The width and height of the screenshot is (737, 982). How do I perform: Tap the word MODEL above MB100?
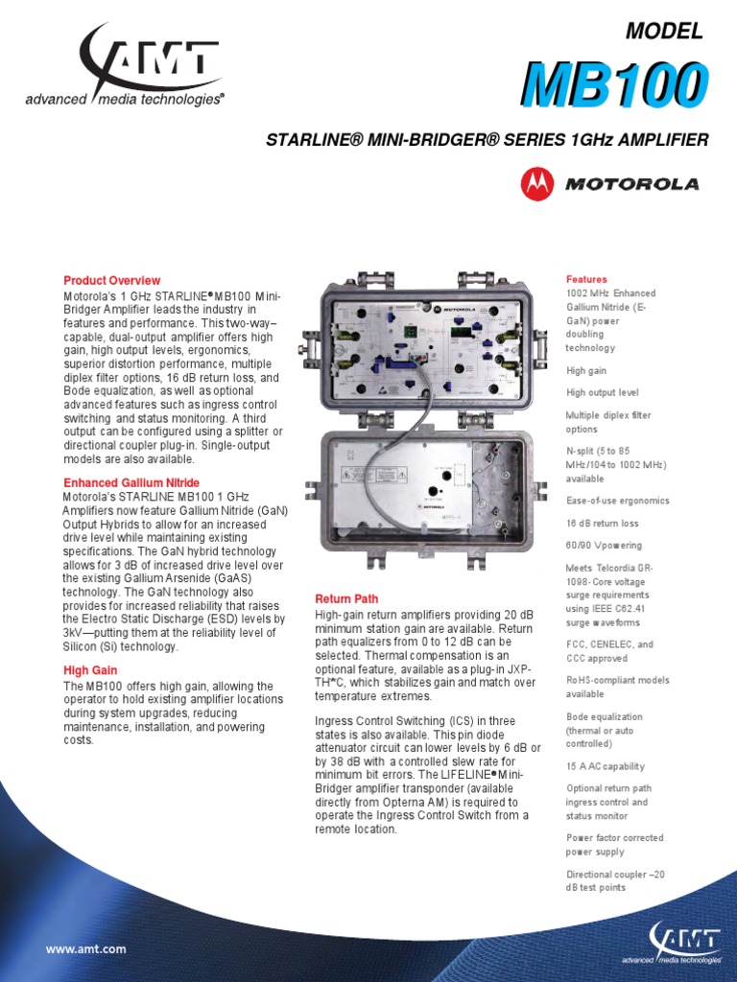tap(664, 32)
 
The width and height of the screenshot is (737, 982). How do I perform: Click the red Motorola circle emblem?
tap(536, 183)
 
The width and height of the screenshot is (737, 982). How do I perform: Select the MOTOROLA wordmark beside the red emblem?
tap(631, 184)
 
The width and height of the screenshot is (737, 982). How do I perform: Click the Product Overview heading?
tap(111, 281)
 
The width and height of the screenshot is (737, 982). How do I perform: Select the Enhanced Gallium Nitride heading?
tap(131, 482)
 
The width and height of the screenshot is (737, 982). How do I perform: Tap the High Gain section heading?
tap(89, 671)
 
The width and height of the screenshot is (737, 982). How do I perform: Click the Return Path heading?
tap(346, 599)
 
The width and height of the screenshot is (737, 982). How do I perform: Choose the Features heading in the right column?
tap(586, 279)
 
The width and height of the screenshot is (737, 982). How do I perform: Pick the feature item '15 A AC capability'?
tap(606, 766)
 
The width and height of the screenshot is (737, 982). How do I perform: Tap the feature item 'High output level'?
tap(603, 392)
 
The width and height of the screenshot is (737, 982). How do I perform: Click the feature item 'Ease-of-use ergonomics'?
tap(617, 501)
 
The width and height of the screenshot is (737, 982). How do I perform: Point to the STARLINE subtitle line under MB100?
tap(487, 140)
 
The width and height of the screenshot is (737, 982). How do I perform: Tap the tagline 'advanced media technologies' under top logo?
tap(125, 98)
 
